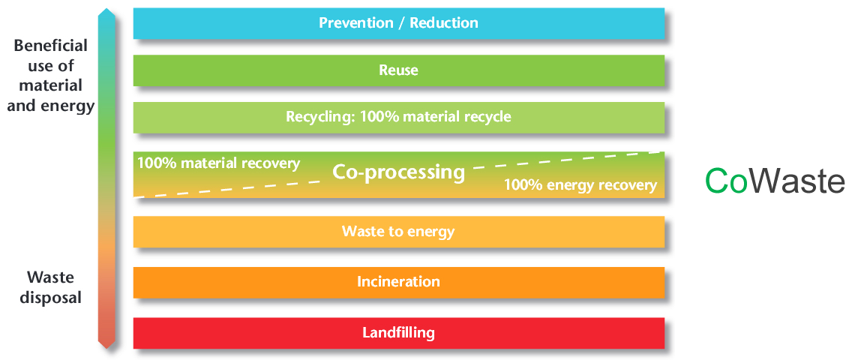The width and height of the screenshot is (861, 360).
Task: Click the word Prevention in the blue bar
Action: [356, 23]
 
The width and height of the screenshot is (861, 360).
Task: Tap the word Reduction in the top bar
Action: [444, 23]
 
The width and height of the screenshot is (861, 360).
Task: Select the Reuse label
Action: [399, 70]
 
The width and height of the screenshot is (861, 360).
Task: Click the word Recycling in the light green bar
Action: [321, 117]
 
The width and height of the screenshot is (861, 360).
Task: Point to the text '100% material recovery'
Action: [218, 163]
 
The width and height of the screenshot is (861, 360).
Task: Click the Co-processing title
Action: [399, 172]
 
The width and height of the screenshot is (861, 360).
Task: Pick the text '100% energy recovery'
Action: [580, 185]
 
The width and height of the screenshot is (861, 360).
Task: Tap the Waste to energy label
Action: [398, 231]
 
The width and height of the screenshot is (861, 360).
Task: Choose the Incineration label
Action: [399, 282]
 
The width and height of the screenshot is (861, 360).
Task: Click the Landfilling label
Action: [399, 332]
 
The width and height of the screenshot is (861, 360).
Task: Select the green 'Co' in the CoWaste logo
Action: [726, 181]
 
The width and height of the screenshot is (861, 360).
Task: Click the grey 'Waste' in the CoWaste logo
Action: [796, 181]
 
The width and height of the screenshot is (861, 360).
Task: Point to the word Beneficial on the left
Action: [50, 46]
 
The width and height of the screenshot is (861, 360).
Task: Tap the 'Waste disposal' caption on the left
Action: [50, 287]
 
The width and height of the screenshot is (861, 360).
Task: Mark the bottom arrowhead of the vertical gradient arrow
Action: [106, 343]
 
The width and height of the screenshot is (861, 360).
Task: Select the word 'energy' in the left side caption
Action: [69, 106]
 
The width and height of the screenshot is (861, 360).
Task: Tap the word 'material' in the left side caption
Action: [50, 86]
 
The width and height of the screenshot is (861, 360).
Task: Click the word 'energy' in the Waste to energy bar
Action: [431, 232]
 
